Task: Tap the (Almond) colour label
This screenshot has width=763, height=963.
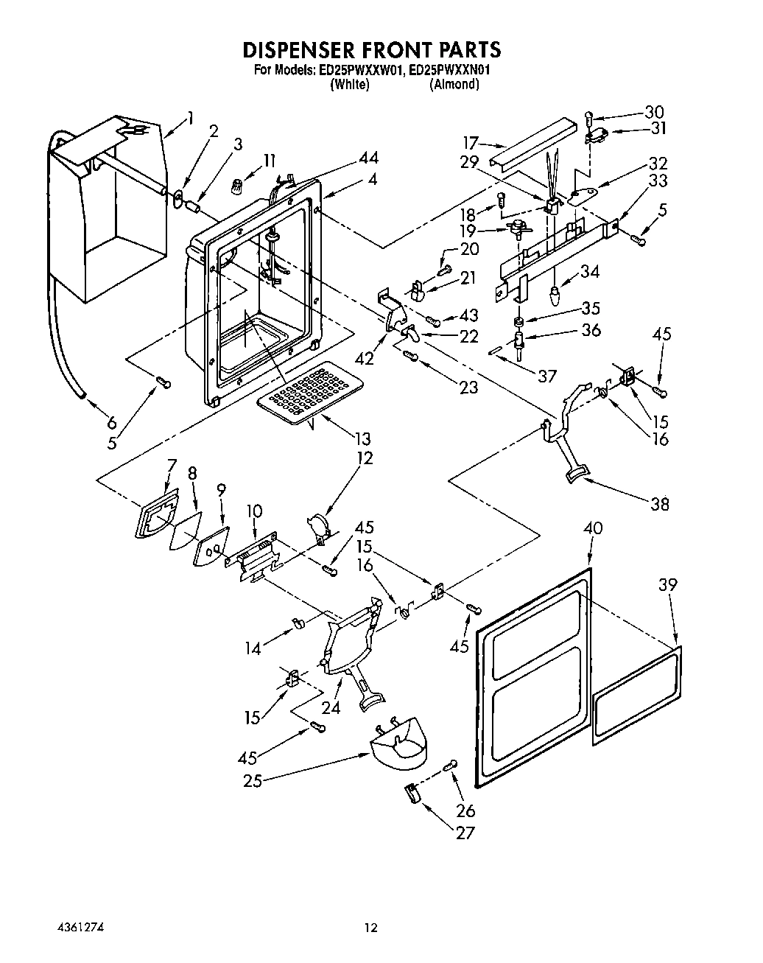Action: click(x=454, y=84)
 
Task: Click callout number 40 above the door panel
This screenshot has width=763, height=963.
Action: click(x=592, y=528)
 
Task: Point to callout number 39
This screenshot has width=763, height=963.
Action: click(x=668, y=585)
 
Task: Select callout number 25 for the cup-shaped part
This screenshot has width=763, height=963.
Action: click(x=253, y=780)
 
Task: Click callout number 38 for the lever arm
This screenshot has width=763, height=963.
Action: click(x=659, y=504)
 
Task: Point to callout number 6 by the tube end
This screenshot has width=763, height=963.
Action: click(x=111, y=423)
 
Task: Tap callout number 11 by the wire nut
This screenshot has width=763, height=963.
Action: click(x=270, y=160)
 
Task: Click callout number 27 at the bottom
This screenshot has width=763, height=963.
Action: click(x=465, y=833)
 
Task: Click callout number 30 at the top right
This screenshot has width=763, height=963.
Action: click(x=654, y=112)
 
